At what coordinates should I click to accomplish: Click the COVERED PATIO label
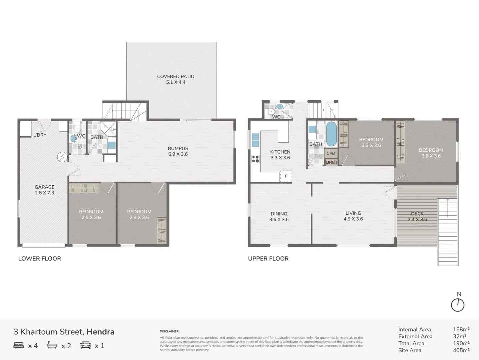pos(176,79)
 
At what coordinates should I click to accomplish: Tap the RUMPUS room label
pos(178,151)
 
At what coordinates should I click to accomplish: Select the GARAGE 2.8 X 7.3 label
pos(44,190)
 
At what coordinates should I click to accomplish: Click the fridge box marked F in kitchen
pos(286,176)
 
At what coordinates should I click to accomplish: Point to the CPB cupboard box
pos(331,153)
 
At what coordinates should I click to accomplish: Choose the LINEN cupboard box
pos(331,162)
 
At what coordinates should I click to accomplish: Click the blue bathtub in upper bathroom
pos(331,134)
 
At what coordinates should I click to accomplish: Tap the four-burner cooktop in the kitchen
pos(255,159)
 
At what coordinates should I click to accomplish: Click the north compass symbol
pos(458,305)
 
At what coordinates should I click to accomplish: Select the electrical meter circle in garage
pos(62,157)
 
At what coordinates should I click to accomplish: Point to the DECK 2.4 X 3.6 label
pos(417,217)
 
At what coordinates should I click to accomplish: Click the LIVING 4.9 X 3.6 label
pos(353,216)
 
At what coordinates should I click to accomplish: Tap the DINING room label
pos(279,217)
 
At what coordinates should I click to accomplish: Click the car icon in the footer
pos(86,345)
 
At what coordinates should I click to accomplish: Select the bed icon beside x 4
pos(19,345)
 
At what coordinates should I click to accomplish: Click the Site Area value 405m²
pos(461,350)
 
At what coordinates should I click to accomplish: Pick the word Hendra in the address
pos(100,332)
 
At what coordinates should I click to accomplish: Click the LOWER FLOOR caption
pos(40,259)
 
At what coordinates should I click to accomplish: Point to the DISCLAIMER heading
pos(170,331)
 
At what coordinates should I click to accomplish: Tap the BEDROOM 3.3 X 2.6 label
pos(371,142)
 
